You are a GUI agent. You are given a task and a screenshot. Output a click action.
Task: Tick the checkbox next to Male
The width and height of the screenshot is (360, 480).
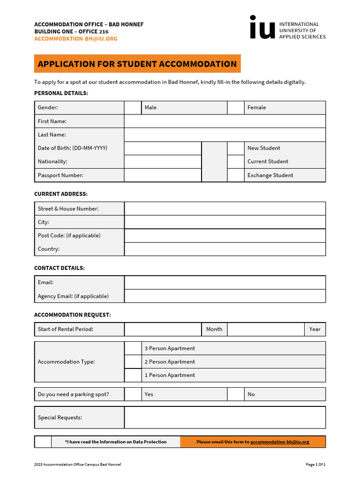[133, 108]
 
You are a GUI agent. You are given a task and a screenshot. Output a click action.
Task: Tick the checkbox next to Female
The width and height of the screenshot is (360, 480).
[236, 108]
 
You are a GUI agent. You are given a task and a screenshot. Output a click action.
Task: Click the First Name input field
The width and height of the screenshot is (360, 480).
[225, 121]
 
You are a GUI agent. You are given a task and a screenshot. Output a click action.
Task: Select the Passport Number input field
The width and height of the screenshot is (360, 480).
[163, 175]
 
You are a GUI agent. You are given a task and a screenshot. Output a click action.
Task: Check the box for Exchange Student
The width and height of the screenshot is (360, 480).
[236, 175]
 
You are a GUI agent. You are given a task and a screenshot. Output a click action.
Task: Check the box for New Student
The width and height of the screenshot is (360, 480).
[236, 148]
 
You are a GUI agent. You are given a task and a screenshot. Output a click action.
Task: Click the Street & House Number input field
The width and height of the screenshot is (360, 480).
[225, 209]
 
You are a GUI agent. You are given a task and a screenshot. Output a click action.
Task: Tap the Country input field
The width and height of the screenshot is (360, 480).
[225, 249]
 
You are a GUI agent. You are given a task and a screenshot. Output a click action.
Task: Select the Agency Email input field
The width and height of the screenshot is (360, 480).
[225, 296]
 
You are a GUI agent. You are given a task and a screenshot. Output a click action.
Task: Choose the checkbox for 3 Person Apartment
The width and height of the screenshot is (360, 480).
[133, 348]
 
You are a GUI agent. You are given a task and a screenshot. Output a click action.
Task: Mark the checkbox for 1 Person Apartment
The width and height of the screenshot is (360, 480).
[133, 375]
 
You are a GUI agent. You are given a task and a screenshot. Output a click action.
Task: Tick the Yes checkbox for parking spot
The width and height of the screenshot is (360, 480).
[133, 394]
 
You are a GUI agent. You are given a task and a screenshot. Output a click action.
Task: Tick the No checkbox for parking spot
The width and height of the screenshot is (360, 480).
[236, 394]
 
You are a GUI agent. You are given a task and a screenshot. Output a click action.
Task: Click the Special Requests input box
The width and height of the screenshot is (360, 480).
[225, 417]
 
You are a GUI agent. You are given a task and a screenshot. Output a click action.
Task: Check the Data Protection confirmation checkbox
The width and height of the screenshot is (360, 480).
[43, 442]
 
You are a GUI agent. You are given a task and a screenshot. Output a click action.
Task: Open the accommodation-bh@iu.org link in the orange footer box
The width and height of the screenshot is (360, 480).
[279, 442]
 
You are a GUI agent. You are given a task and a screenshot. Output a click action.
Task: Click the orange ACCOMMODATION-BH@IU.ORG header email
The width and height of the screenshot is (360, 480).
[76, 39]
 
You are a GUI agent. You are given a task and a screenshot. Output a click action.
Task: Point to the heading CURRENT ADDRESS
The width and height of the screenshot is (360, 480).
[61, 194]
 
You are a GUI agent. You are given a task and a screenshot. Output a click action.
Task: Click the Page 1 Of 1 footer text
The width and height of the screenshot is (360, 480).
[315, 465]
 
